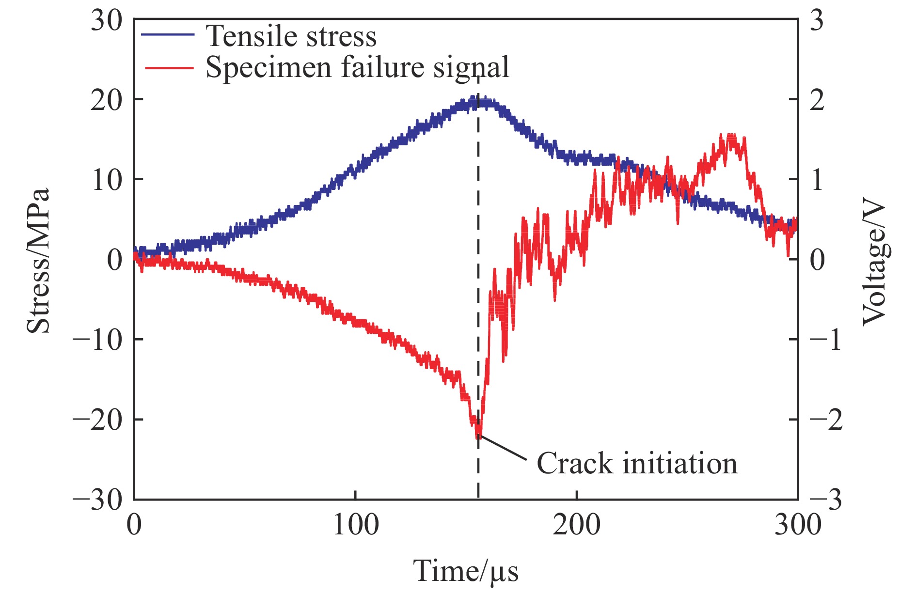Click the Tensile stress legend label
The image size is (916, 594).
tap(291, 36)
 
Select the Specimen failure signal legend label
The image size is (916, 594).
tap(357, 67)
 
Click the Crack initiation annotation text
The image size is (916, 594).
tap(637, 463)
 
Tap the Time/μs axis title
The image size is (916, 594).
tap(465, 571)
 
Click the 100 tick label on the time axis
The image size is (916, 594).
tap(355, 525)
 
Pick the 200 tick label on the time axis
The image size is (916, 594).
tap(577, 525)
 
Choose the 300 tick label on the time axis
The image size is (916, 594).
tap(798, 525)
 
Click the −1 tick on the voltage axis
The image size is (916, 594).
tap(825, 340)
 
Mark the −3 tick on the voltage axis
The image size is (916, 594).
tap(825, 500)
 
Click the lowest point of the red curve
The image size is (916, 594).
tap(478, 437)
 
